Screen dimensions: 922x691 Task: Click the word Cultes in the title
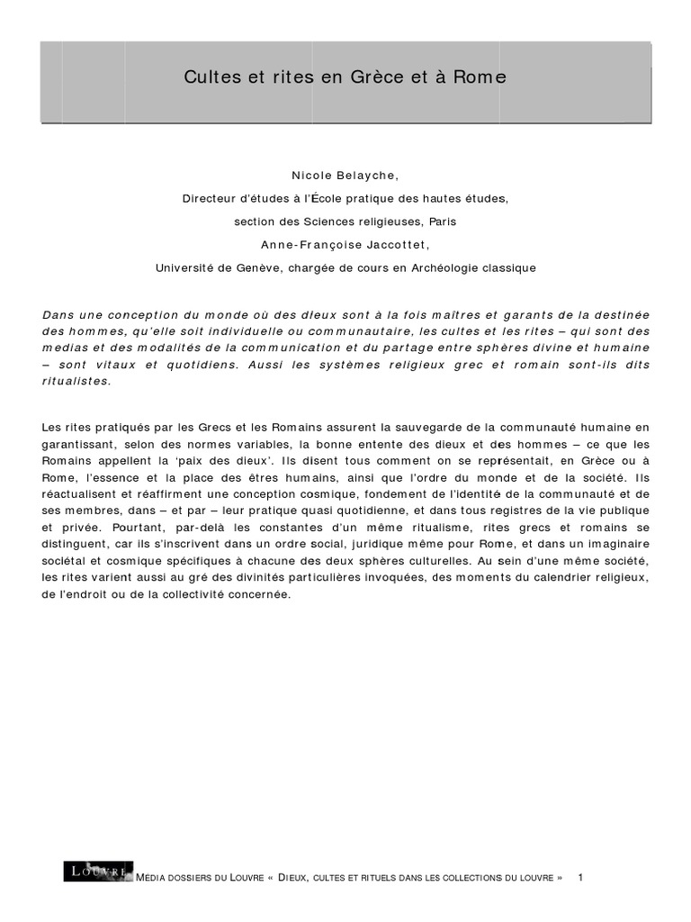tap(208, 78)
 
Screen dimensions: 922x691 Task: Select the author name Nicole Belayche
tap(345, 174)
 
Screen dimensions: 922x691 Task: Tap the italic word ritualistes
tap(77, 381)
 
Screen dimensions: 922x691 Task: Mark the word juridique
tap(395, 545)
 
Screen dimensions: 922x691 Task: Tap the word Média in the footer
tap(148, 877)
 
